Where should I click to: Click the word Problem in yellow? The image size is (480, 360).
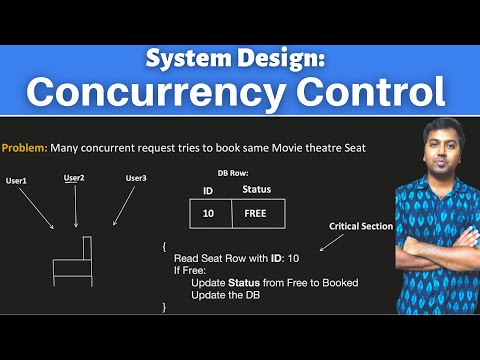click(24, 147)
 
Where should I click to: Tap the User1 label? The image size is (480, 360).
click(18, 181)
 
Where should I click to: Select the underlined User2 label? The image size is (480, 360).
click(74, 178)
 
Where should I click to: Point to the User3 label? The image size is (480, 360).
click(137, 178)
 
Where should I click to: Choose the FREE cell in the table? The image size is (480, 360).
click(257, 213)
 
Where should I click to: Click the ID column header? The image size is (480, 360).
click(208, 189)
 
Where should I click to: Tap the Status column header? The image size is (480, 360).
click(256, 189)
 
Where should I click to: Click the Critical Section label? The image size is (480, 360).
click(361, 227)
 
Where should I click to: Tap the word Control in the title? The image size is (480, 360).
click(362, 92)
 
